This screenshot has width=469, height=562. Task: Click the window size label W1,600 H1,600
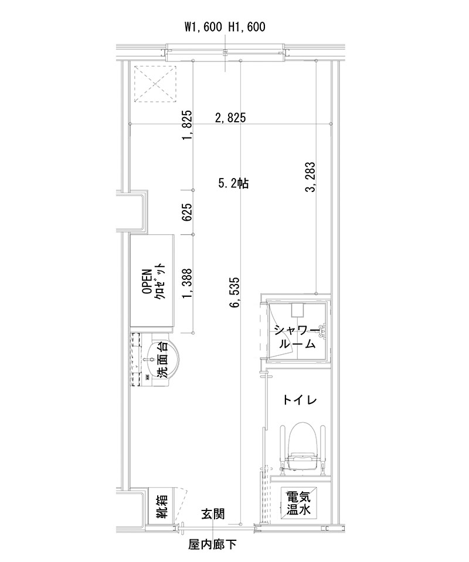(x=225, y=26)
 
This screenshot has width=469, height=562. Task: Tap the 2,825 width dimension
(x=230, y=118)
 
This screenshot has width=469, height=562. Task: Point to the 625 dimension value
(x=187, y=212)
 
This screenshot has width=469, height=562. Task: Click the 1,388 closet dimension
(x=187, y=283)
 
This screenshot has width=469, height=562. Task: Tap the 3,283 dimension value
(x=310, y=177)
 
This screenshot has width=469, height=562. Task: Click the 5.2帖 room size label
(x=234, y=183)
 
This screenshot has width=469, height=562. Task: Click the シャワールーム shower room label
(x=296, y=338)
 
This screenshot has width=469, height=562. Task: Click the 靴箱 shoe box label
(x=162, y=506)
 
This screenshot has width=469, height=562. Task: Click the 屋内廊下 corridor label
(x=212, y=544)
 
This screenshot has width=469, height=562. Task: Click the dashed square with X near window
(x=155, y=84)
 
